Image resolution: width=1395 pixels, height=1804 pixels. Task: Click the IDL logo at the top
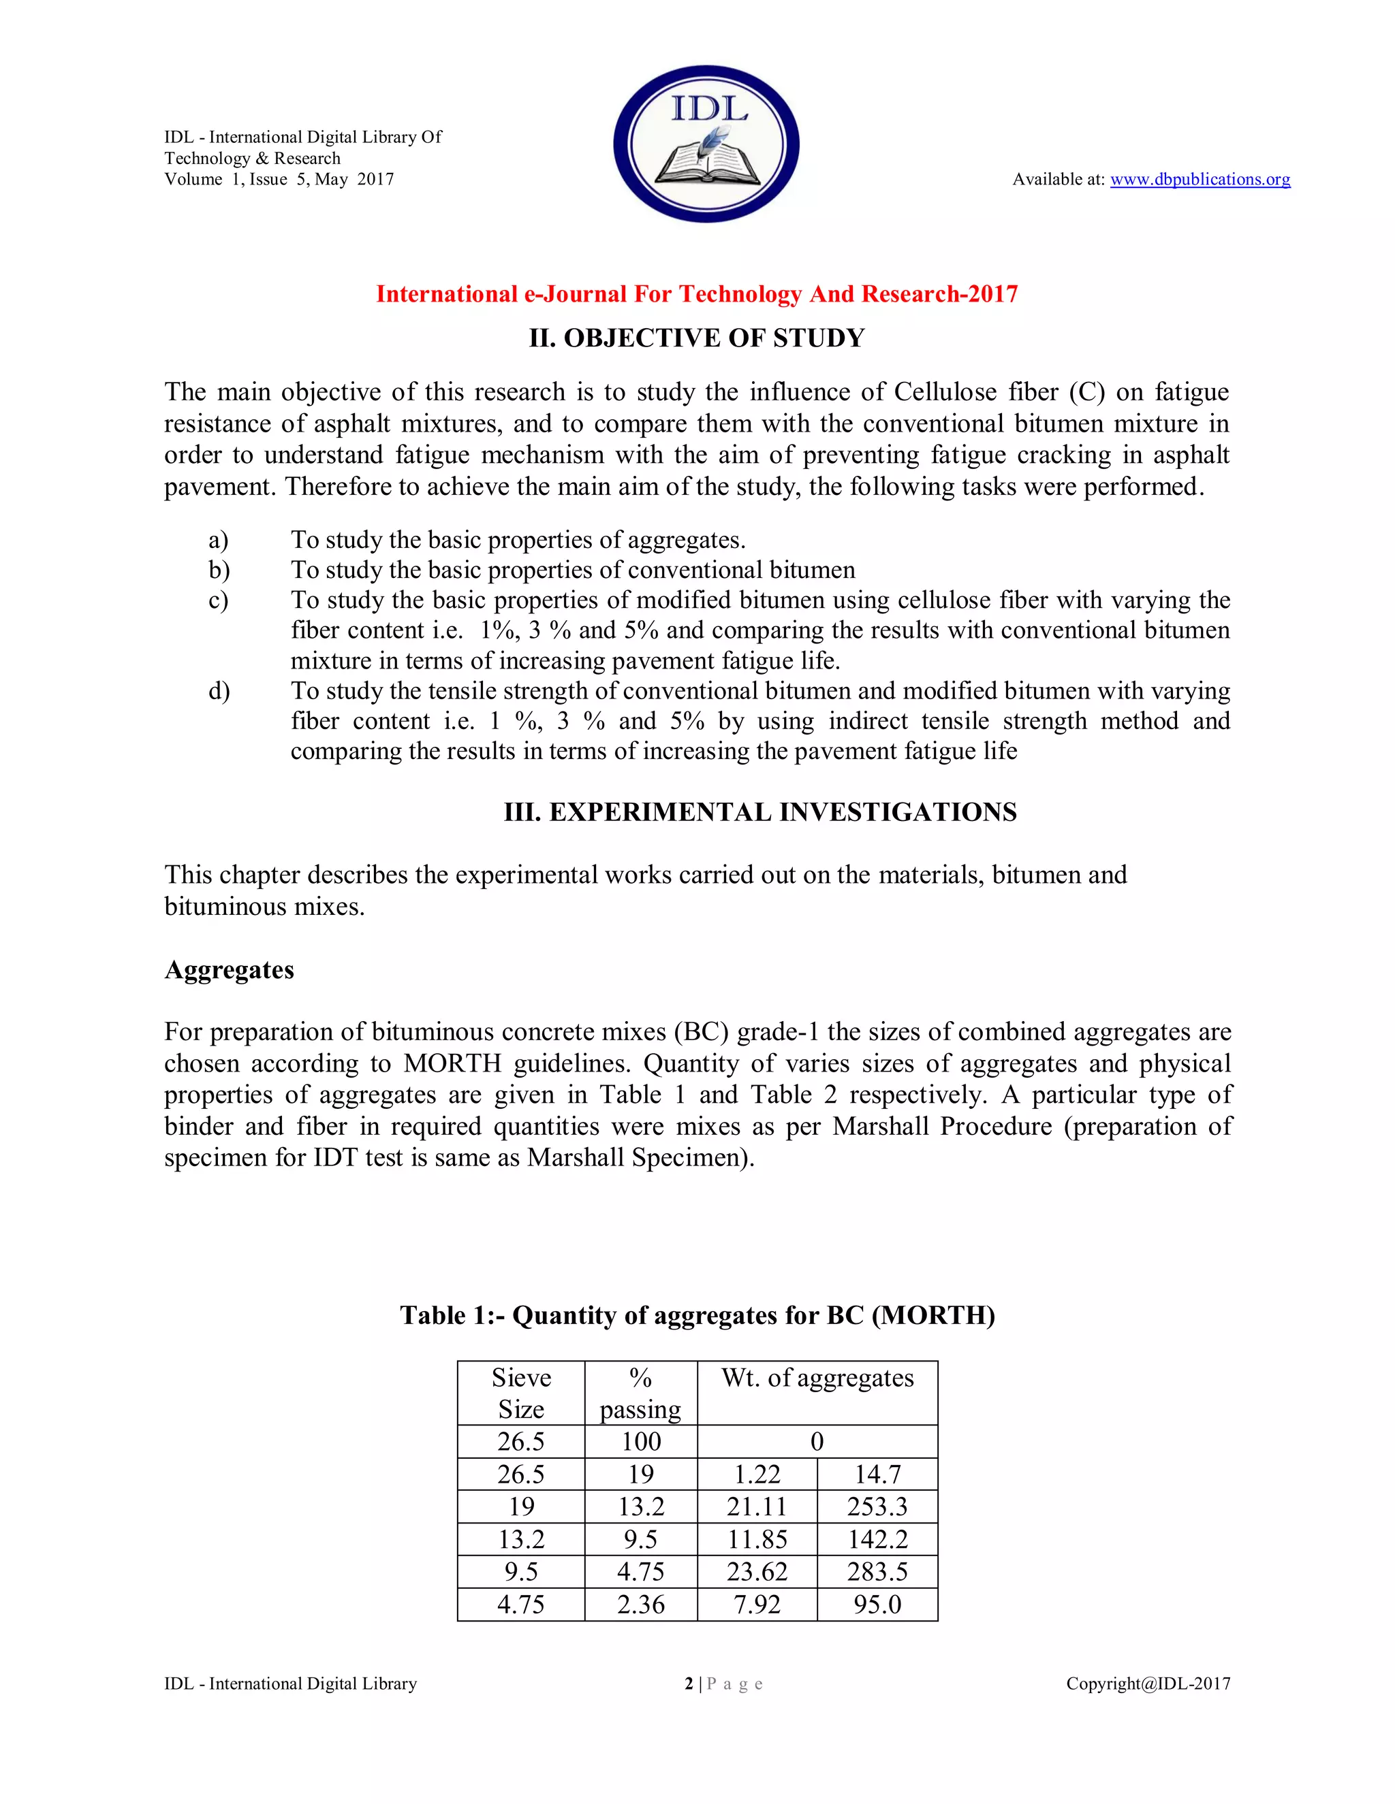pos(706,144)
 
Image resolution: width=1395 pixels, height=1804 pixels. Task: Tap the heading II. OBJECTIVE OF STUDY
pos(697,338)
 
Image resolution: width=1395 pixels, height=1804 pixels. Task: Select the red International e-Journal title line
pos(697,294)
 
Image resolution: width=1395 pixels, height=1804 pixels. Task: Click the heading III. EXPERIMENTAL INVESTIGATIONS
pos(760,812)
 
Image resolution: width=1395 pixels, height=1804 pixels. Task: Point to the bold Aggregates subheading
pos(229,969)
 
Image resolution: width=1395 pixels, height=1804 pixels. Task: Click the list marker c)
pos(218,600)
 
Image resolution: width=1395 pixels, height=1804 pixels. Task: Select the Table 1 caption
pos(697,1316)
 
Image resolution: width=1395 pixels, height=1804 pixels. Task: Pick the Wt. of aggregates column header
pos(817,1379)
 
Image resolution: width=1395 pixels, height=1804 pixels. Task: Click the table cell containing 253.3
pos(877,1507)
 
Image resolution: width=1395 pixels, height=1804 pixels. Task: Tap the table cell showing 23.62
pos(757,1572)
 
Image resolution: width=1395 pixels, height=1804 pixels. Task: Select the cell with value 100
pos(640,1441)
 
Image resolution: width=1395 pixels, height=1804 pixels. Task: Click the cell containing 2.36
pos(640,1604)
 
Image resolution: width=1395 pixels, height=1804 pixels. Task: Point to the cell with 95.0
pos(877,1604)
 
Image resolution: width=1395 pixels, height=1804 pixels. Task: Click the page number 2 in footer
pos(689,1684)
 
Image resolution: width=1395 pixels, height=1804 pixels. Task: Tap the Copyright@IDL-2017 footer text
pos(1148,1684)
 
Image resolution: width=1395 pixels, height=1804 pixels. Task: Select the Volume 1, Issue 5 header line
pos(279,179)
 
